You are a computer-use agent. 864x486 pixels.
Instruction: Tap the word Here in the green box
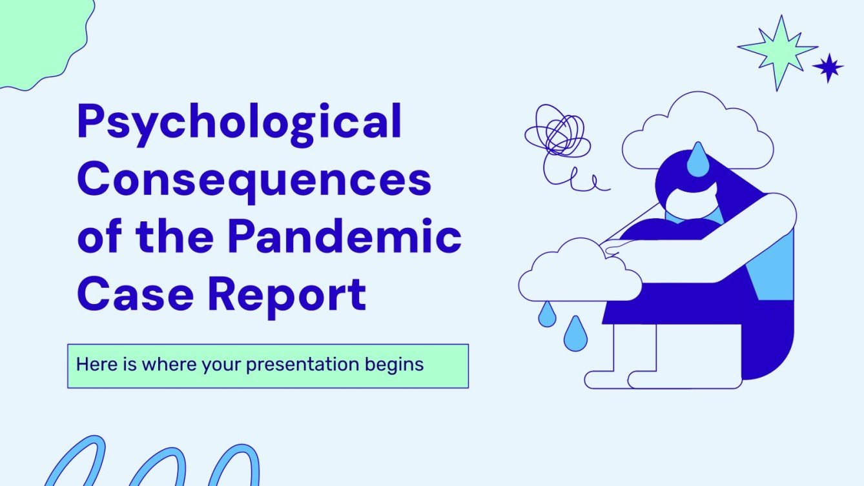pos(94,365)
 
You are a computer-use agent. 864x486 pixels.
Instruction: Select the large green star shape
pos(777,51)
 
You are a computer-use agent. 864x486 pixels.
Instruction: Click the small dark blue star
pos(828,67)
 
